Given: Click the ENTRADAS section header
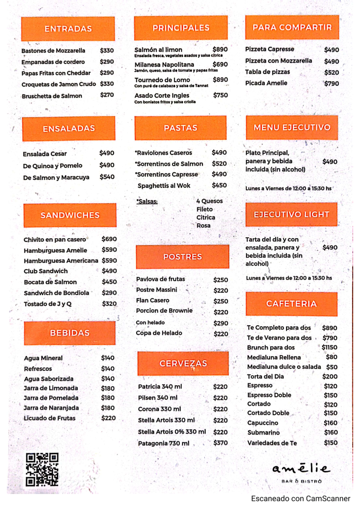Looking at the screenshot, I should (68, 29).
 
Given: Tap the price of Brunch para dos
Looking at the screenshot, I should (330, 347).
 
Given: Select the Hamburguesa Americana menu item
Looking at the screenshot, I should (61, 261).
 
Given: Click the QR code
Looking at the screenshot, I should (42, 470).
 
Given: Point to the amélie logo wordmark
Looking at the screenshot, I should (301, 468).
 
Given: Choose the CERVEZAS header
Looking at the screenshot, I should (183, 363).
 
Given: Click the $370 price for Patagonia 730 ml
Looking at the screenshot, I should (221, 443).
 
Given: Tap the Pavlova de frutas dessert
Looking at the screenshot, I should (160, 279).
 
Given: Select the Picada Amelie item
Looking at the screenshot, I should (266, 83).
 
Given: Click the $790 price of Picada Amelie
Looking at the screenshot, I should (331, 83).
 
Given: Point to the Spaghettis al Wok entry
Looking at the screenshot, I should (164, 186).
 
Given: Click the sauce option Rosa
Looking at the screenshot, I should (203, 225).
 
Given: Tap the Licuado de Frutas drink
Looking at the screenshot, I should (50, 418).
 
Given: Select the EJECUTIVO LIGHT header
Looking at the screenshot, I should (291, 215).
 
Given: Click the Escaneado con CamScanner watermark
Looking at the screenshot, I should (301, 499).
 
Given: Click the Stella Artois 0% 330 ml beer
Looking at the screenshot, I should (172, 432).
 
